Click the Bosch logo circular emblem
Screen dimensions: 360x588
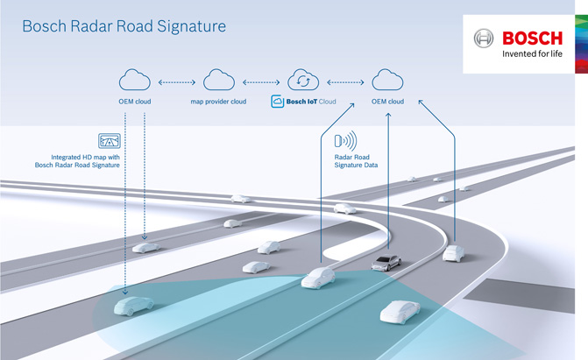pos(484,39)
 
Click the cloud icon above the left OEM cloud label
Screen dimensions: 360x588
pos(137,81)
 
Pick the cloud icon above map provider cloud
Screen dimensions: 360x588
pos(218,81)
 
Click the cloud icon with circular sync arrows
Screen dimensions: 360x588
pos(303,81)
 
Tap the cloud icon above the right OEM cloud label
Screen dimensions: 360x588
pos(386,81)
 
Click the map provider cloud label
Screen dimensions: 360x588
pos(218,102)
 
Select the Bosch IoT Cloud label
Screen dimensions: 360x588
pos(303,102)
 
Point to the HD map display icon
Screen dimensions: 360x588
pos(110,140)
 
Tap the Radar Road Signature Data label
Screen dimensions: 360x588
pos(354,159)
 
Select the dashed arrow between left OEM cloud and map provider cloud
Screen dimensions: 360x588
pos(177,82)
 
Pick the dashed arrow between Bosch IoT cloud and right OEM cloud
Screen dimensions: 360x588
pos(345,82)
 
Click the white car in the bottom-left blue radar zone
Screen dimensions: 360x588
pos(133,306)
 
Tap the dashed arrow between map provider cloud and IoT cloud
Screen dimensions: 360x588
pos(261,82)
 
